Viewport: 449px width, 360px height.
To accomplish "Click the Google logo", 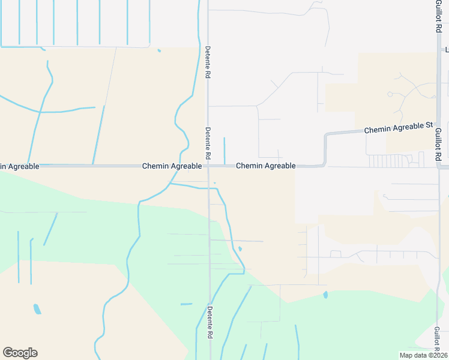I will [20, 353].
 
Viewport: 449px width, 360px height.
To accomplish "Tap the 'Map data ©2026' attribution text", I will [423, 355].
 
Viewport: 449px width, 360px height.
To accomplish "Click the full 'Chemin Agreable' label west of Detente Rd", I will [172, 166].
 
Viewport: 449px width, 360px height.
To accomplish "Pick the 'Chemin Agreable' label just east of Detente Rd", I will [265, 166].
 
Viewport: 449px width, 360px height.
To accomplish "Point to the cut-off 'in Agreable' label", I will [20, 166].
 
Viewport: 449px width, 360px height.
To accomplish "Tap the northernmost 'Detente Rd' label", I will [208, 62].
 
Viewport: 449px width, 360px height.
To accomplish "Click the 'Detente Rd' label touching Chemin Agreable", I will [208, 143].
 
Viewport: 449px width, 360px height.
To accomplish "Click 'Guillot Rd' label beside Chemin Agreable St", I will [438, 143].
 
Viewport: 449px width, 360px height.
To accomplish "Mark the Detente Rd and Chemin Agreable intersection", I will [208, 166].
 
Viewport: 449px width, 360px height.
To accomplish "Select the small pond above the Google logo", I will [37, 309].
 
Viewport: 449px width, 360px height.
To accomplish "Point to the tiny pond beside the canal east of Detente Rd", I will [240, 248].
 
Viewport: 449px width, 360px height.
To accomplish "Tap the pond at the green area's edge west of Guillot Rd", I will [325, 295].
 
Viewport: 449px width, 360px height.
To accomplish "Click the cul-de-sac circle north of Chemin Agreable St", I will [390, 94].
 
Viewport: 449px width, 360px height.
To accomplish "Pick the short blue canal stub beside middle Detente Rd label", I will [224, 150].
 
